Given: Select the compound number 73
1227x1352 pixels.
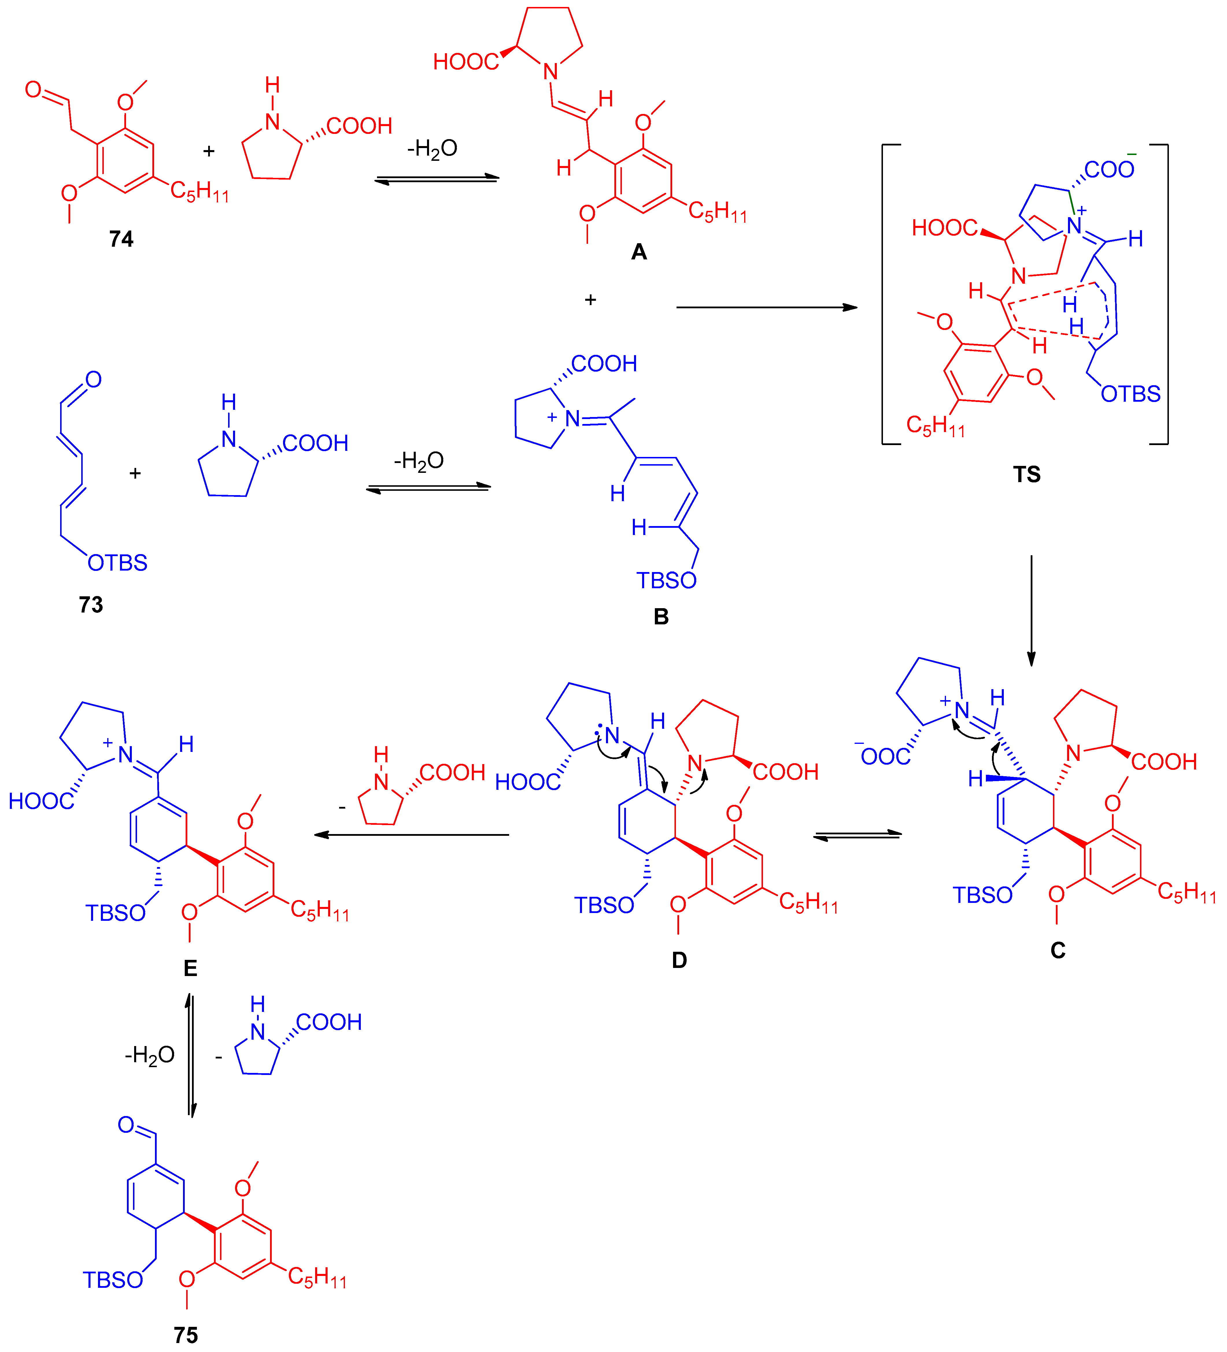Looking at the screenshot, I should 91,605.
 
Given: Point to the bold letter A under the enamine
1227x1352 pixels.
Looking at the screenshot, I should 639,252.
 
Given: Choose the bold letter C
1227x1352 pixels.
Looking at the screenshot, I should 1058,950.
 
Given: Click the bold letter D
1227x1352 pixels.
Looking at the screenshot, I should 679,960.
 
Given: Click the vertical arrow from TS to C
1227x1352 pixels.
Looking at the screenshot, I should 1031,610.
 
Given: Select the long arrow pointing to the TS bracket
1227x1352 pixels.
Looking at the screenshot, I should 766,307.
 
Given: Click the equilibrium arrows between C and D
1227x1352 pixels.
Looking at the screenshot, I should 858,835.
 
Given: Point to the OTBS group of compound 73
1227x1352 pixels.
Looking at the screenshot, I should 117,563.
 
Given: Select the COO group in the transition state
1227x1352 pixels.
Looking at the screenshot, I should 1110,169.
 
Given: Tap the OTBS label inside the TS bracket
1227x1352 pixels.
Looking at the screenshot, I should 1130,394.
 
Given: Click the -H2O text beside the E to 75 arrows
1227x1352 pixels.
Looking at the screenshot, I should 149,1055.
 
